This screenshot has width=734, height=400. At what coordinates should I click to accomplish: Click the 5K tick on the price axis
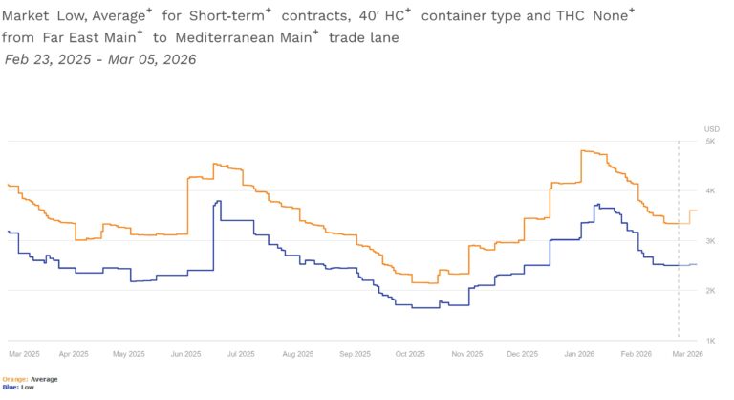tap(711, 142)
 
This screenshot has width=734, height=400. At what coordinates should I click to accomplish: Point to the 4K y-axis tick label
tap(711, 191)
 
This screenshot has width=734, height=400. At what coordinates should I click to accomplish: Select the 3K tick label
tap(711, 241)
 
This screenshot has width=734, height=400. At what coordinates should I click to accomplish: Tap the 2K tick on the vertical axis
tap(711, 291)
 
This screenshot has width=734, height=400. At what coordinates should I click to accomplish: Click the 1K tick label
tap(711, 341)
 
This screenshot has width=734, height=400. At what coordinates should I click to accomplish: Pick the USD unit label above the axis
tap(711, 128)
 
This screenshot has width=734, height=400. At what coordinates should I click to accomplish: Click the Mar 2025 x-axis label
tap(23, 354)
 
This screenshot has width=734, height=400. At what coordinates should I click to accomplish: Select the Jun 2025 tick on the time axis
tap(183, 354)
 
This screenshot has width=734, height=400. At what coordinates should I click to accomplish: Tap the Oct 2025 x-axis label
tap(410, 354)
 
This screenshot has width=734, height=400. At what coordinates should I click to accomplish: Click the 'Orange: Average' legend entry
tap(32, 379)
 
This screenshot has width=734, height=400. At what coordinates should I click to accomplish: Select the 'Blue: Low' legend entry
tap(20, 388)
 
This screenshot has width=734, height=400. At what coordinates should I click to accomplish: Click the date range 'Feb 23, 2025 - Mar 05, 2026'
tap(100, 59)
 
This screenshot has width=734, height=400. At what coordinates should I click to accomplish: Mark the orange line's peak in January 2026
tap(582, 150)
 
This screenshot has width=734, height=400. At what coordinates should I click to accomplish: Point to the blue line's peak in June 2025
tap(219, 201)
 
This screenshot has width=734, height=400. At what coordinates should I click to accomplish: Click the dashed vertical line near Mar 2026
tap(679, 239)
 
